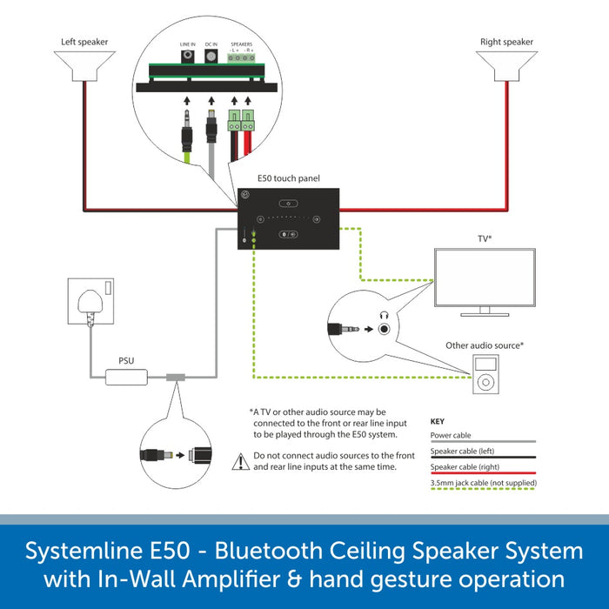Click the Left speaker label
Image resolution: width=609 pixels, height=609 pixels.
(x=84, y=41)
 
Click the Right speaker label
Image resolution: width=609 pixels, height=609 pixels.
(x=505, y=41)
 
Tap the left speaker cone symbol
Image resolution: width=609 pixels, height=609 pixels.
(x=84, y=66)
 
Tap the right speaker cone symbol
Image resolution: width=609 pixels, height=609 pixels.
(x=505, y=66)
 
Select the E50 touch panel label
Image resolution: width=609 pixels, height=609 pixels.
(x=289, y=177)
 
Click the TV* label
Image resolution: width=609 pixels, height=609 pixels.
(x=485, y=237)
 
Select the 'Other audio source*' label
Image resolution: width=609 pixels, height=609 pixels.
(x=485, y=345)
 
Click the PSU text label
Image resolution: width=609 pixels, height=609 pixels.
(x=127, y=359)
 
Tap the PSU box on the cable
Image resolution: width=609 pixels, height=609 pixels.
(x=127, y=378)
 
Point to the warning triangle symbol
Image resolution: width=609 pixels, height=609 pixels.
(x=240, y=461)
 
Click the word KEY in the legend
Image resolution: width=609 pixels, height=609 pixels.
(x=438, y=421)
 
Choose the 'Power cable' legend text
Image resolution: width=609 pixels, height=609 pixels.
(x=451, y=436)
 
